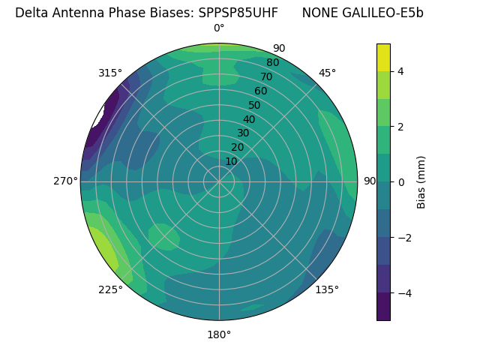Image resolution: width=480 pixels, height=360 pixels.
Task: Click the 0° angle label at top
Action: [x=219, y=28]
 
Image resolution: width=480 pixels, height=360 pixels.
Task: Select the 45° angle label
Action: [x=327, y=73]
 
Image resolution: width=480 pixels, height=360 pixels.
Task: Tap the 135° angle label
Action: [x=327, y=289]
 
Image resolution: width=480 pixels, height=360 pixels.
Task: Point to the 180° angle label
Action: [x=219, y=334]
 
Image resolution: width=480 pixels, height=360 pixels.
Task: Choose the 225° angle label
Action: [x=110, y=290]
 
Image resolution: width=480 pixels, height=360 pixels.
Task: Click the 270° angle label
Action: [x=66, y=181]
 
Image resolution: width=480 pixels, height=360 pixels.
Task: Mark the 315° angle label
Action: [x=110, y=73]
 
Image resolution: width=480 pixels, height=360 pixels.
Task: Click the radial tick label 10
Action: [x=231, y=161]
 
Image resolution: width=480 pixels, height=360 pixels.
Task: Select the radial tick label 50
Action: [x=254, y=105]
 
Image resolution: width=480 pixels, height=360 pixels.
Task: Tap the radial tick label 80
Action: [x=272, y=62]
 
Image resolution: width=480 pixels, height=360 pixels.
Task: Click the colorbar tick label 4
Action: [x=401, y=71]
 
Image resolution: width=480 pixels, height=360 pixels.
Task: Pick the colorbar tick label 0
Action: [x=401, y=182]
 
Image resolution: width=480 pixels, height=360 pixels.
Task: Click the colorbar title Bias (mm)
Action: [x=421, y=182]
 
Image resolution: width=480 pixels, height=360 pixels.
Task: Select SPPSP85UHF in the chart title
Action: [x=238, y=13]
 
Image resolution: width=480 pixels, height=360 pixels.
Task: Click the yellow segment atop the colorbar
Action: [x=383, y=57]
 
